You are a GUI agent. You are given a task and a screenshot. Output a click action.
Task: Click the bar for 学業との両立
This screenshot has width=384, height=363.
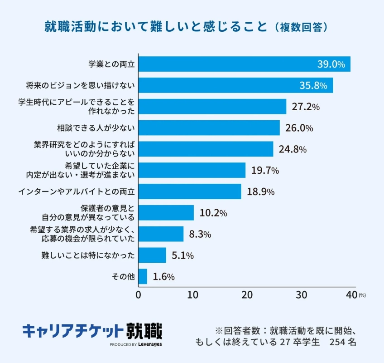(x=244, y=64)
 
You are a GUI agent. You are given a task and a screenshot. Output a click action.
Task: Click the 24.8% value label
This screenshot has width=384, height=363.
(x=293, y=149)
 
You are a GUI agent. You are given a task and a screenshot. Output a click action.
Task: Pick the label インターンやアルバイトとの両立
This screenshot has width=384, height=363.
(x=77, y=191)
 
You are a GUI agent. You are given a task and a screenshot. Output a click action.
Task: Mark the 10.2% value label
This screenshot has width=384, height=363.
(x=213, y=213)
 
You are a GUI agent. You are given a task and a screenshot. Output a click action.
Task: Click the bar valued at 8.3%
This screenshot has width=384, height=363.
(x=161, y=234)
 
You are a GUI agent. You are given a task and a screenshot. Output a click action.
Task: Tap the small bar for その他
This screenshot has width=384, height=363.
(x=143, y=276)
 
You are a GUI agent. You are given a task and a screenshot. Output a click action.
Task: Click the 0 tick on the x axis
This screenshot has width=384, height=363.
(x=138, y=294)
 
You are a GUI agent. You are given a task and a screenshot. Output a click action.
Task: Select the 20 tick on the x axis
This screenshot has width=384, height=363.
(x=247, y=294)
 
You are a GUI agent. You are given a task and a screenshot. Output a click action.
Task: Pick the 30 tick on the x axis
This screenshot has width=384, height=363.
(x=302, y=294)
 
